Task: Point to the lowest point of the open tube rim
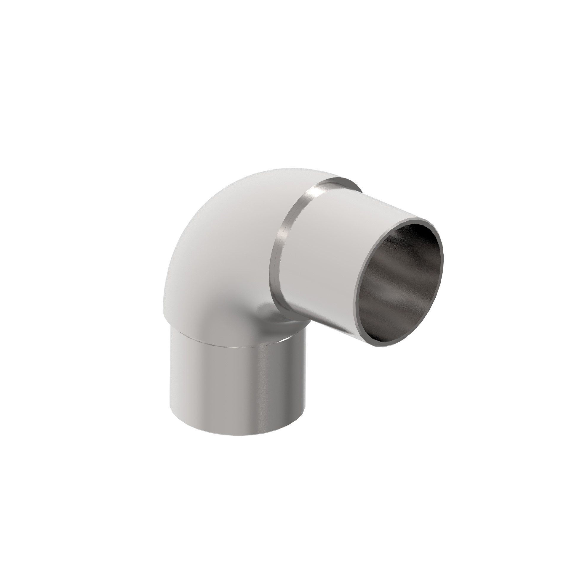click(x=382, y=347)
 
